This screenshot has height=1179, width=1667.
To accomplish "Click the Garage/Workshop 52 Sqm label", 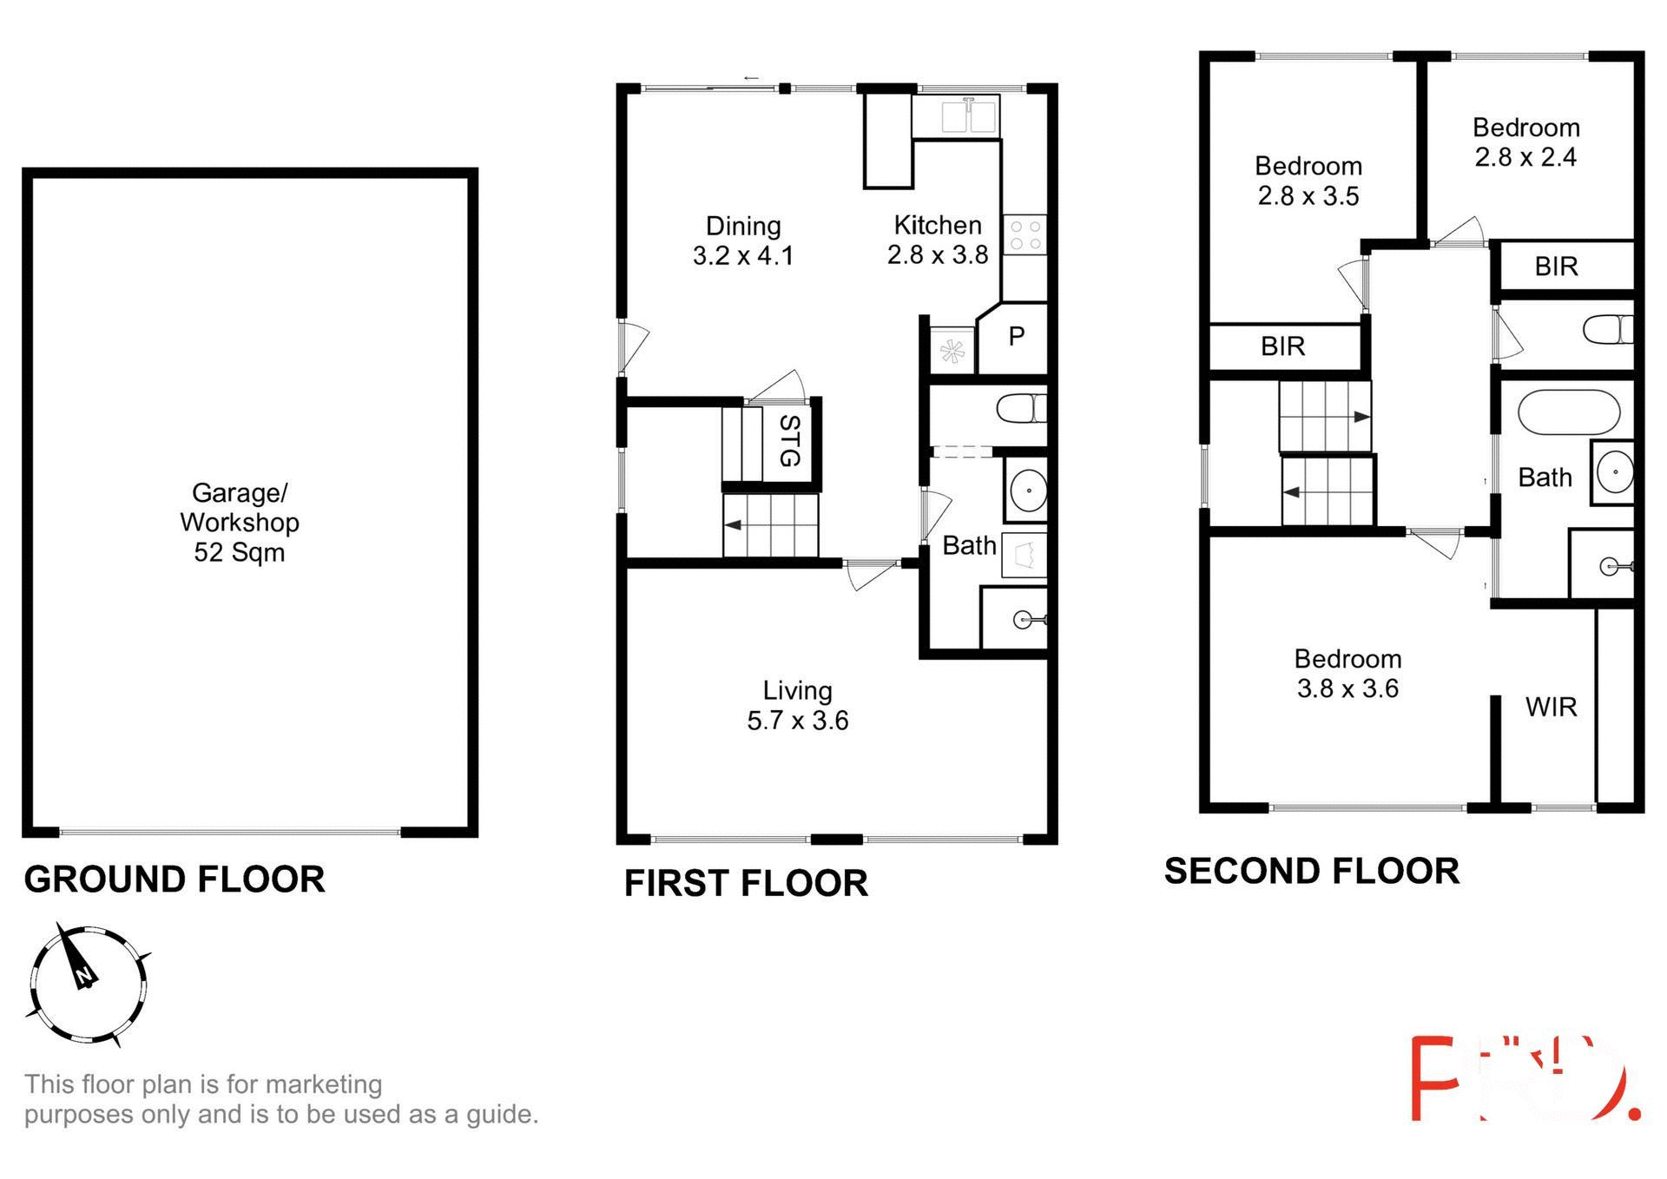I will coord(239,522).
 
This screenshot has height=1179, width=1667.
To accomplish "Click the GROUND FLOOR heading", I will coord(175,879).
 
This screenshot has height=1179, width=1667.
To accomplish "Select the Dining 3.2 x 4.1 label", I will coord(743,240).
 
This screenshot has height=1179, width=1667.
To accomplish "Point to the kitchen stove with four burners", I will coord(1025,234).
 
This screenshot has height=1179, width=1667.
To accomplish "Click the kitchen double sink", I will coord(969,116).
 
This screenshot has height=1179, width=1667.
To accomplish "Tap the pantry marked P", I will coord(1016,337).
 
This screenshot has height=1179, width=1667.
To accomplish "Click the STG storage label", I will coord(789,440).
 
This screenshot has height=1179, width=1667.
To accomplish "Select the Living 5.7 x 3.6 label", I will coord(797,705).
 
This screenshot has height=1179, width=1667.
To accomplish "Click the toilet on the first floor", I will coord(1021,408).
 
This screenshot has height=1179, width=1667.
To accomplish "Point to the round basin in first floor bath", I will coord(1028,491).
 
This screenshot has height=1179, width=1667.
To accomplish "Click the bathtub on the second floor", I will coord(1568,412).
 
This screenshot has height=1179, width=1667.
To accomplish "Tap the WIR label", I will coord(1551,707).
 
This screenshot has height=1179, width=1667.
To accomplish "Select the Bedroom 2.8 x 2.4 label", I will coord(1525,142).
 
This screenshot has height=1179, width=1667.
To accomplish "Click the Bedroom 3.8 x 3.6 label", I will coord(1347,674).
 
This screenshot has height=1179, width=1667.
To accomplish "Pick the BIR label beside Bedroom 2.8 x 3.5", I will coord(1282,346).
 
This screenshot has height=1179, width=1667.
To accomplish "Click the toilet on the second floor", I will coord(1607,330).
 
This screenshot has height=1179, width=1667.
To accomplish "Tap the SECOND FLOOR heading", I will coord(1311,872).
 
